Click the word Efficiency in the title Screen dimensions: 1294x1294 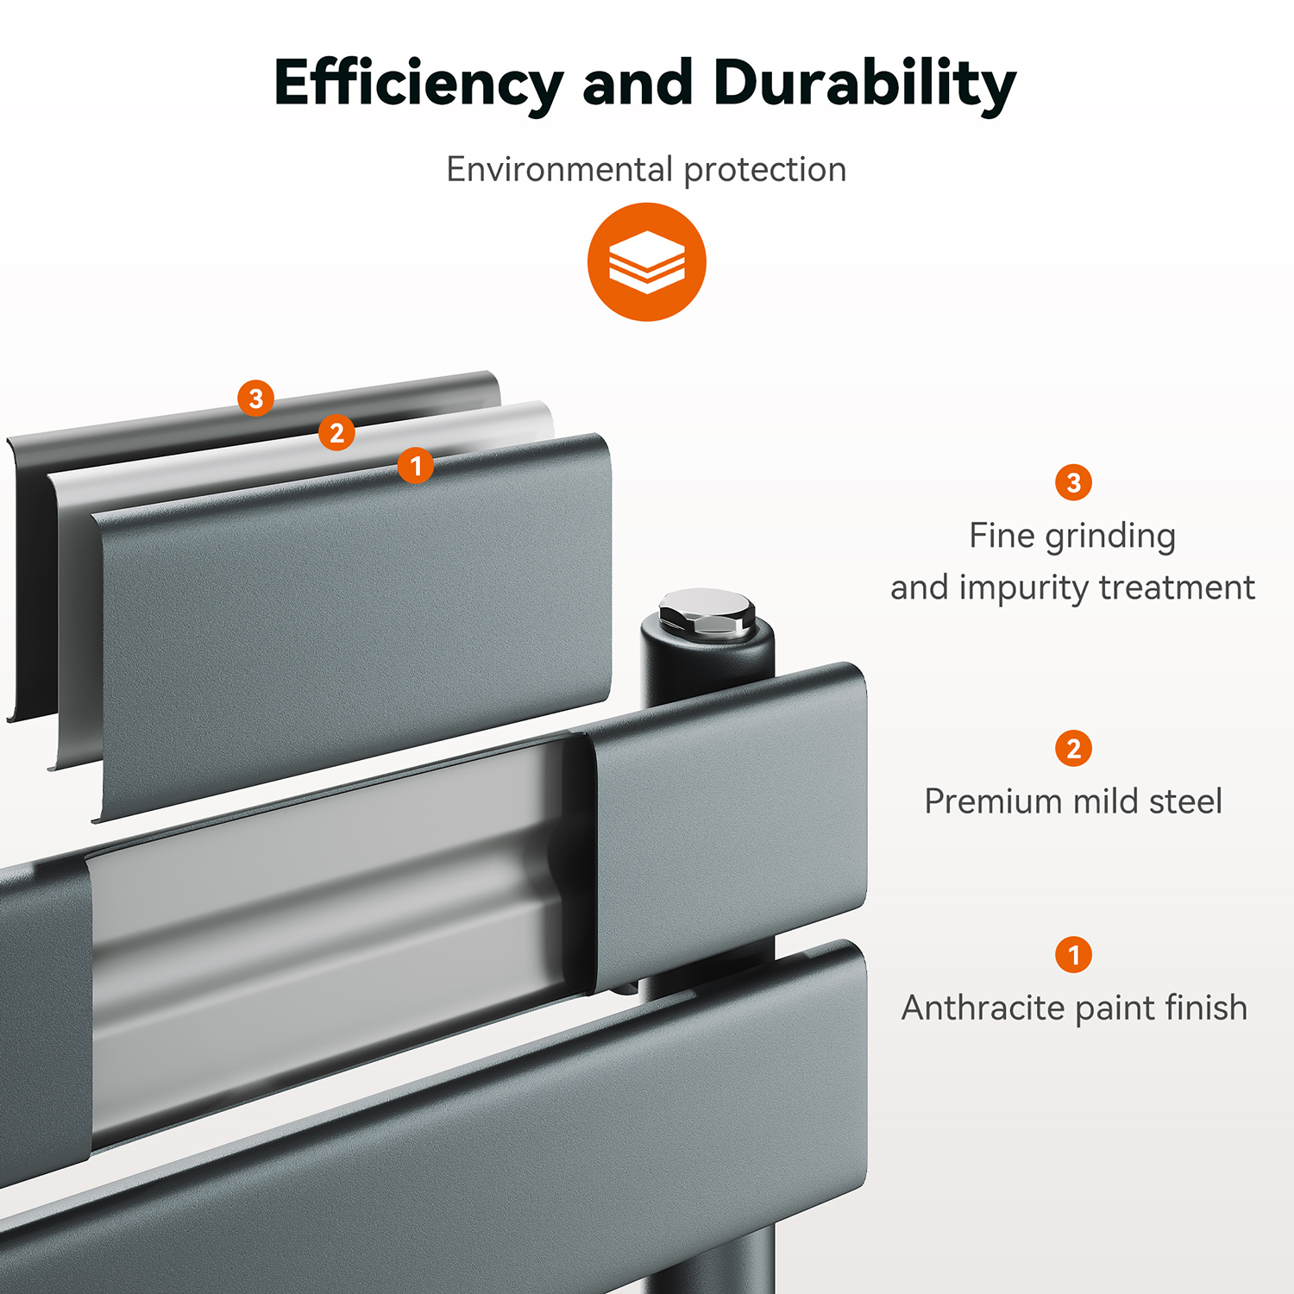(x=418, y=85)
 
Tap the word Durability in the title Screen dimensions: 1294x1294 (x=864, y=85)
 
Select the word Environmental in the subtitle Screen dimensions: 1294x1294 (x=560, y=169)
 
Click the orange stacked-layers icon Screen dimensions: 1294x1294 (x=647, y=262)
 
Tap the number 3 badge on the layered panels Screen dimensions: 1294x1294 (x=256, y=399)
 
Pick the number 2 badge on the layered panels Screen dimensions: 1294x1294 (x=336, y=432)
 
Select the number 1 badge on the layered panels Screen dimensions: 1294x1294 (x=416, y=466)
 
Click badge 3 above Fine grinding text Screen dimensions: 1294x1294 (x=1074, y=482)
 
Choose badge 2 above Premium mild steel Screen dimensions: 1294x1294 (x=1074, y=748)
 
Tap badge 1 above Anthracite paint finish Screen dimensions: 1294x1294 (x=1074, y=954)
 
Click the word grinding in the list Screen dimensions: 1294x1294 (x=1110, y=537)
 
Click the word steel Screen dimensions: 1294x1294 (x=1185, y=801)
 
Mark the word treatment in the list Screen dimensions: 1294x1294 (x=1177, y=587)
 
